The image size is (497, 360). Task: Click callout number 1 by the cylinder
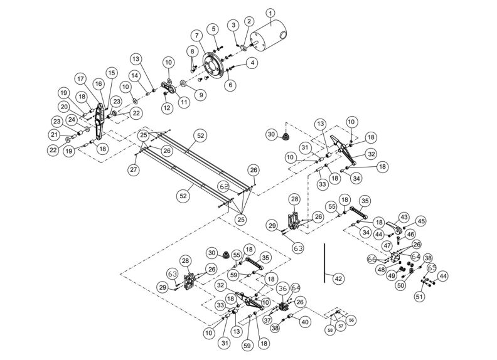[270, 13]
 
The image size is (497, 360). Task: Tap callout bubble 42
[338, 278]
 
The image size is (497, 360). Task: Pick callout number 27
[133, 169]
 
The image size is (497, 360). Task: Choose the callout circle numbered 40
[306, 322]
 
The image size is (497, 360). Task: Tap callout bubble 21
[55, 135]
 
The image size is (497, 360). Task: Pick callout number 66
[371, 259]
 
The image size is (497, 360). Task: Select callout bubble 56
[351, 319]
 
